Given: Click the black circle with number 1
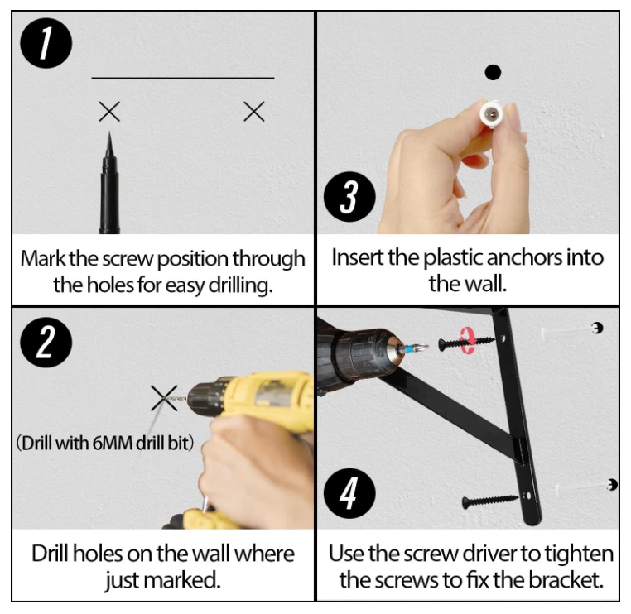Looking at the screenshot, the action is point(46,43).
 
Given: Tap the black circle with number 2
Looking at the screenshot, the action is point(46,343).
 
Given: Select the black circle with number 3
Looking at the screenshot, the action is point(349,197).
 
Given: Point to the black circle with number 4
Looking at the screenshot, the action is point(349,493).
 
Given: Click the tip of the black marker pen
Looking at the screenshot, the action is point(109,132).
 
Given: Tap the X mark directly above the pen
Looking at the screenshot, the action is point(109,112).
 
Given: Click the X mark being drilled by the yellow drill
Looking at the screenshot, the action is point(164,398).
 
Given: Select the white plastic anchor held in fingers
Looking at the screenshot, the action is point(491,114).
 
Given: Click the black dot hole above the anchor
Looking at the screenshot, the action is point(493,72).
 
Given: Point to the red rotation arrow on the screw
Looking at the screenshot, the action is point(468,341).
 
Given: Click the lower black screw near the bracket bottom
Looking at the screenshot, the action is point(489,501).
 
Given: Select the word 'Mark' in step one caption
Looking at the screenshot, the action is point(43,258).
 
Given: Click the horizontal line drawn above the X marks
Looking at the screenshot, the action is point(183,78).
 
